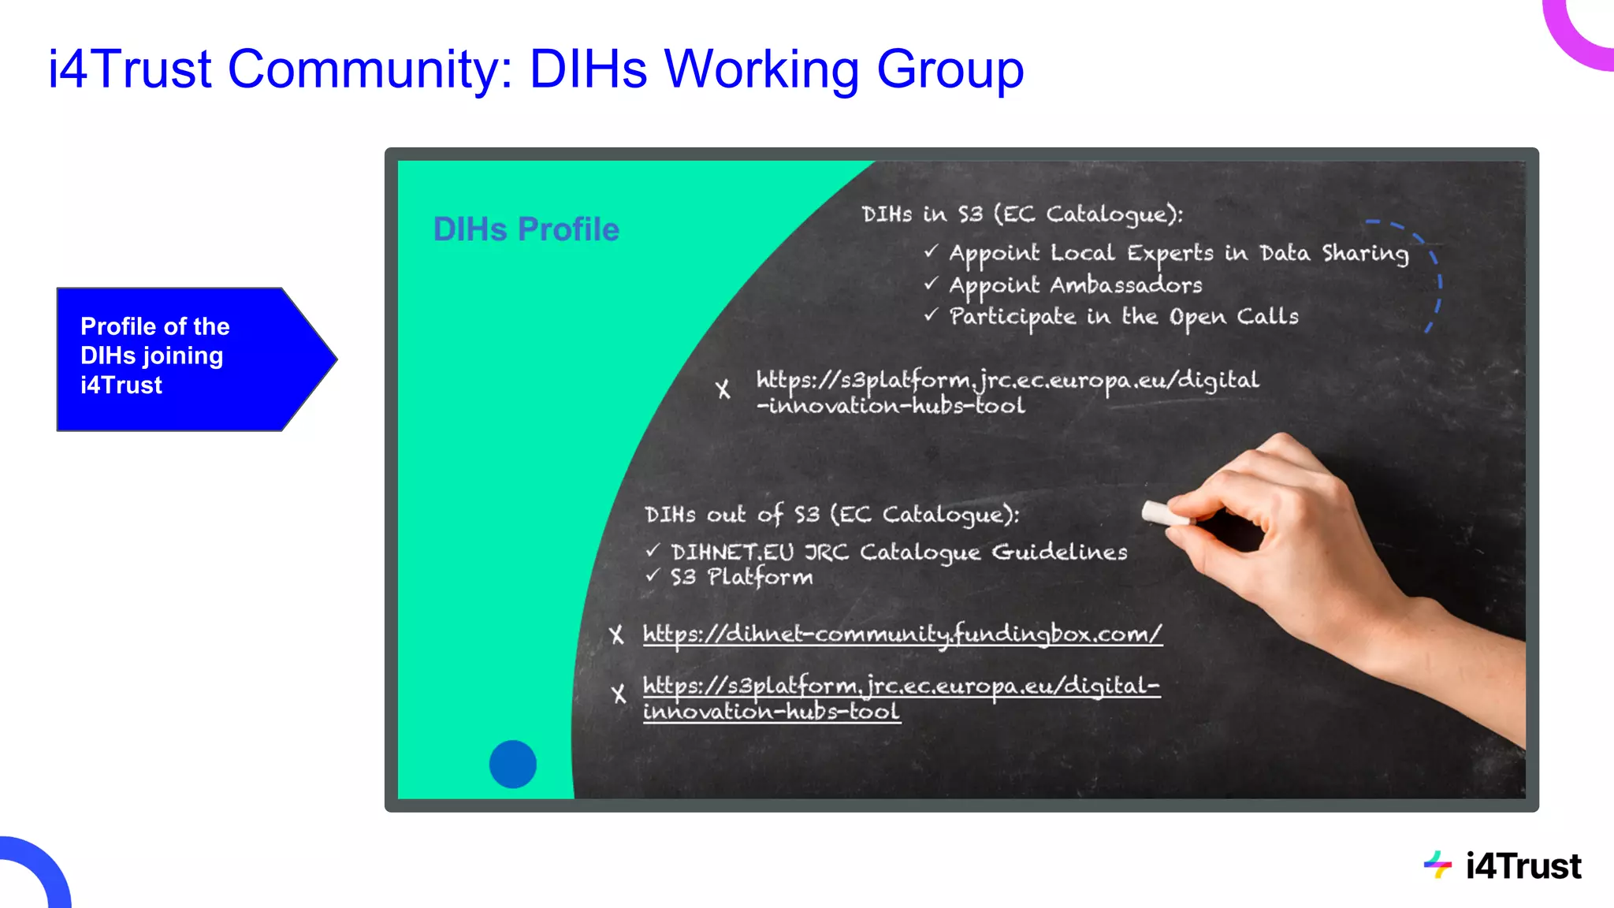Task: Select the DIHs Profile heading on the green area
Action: (526, 229)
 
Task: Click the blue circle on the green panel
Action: (512, 764)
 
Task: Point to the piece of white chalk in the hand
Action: (1165, 514)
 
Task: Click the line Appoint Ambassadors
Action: (1075, 285)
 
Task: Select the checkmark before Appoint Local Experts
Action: (932, 251)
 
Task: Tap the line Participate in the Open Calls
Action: (1123, 317)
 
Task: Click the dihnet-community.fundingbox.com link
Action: (902, 634)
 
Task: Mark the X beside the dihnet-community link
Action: (616, 635)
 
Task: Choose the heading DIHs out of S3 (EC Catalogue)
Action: (831, 515)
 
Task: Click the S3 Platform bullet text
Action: (741, 577)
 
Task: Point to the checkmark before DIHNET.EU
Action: (653, 550)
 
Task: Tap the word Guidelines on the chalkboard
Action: (1059, 552)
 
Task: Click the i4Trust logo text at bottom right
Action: (1523, 866)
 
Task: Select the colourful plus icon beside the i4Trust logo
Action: (1437, 865)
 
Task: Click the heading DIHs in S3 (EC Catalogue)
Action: (1021, 214)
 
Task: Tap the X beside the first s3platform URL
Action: (723, 389)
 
